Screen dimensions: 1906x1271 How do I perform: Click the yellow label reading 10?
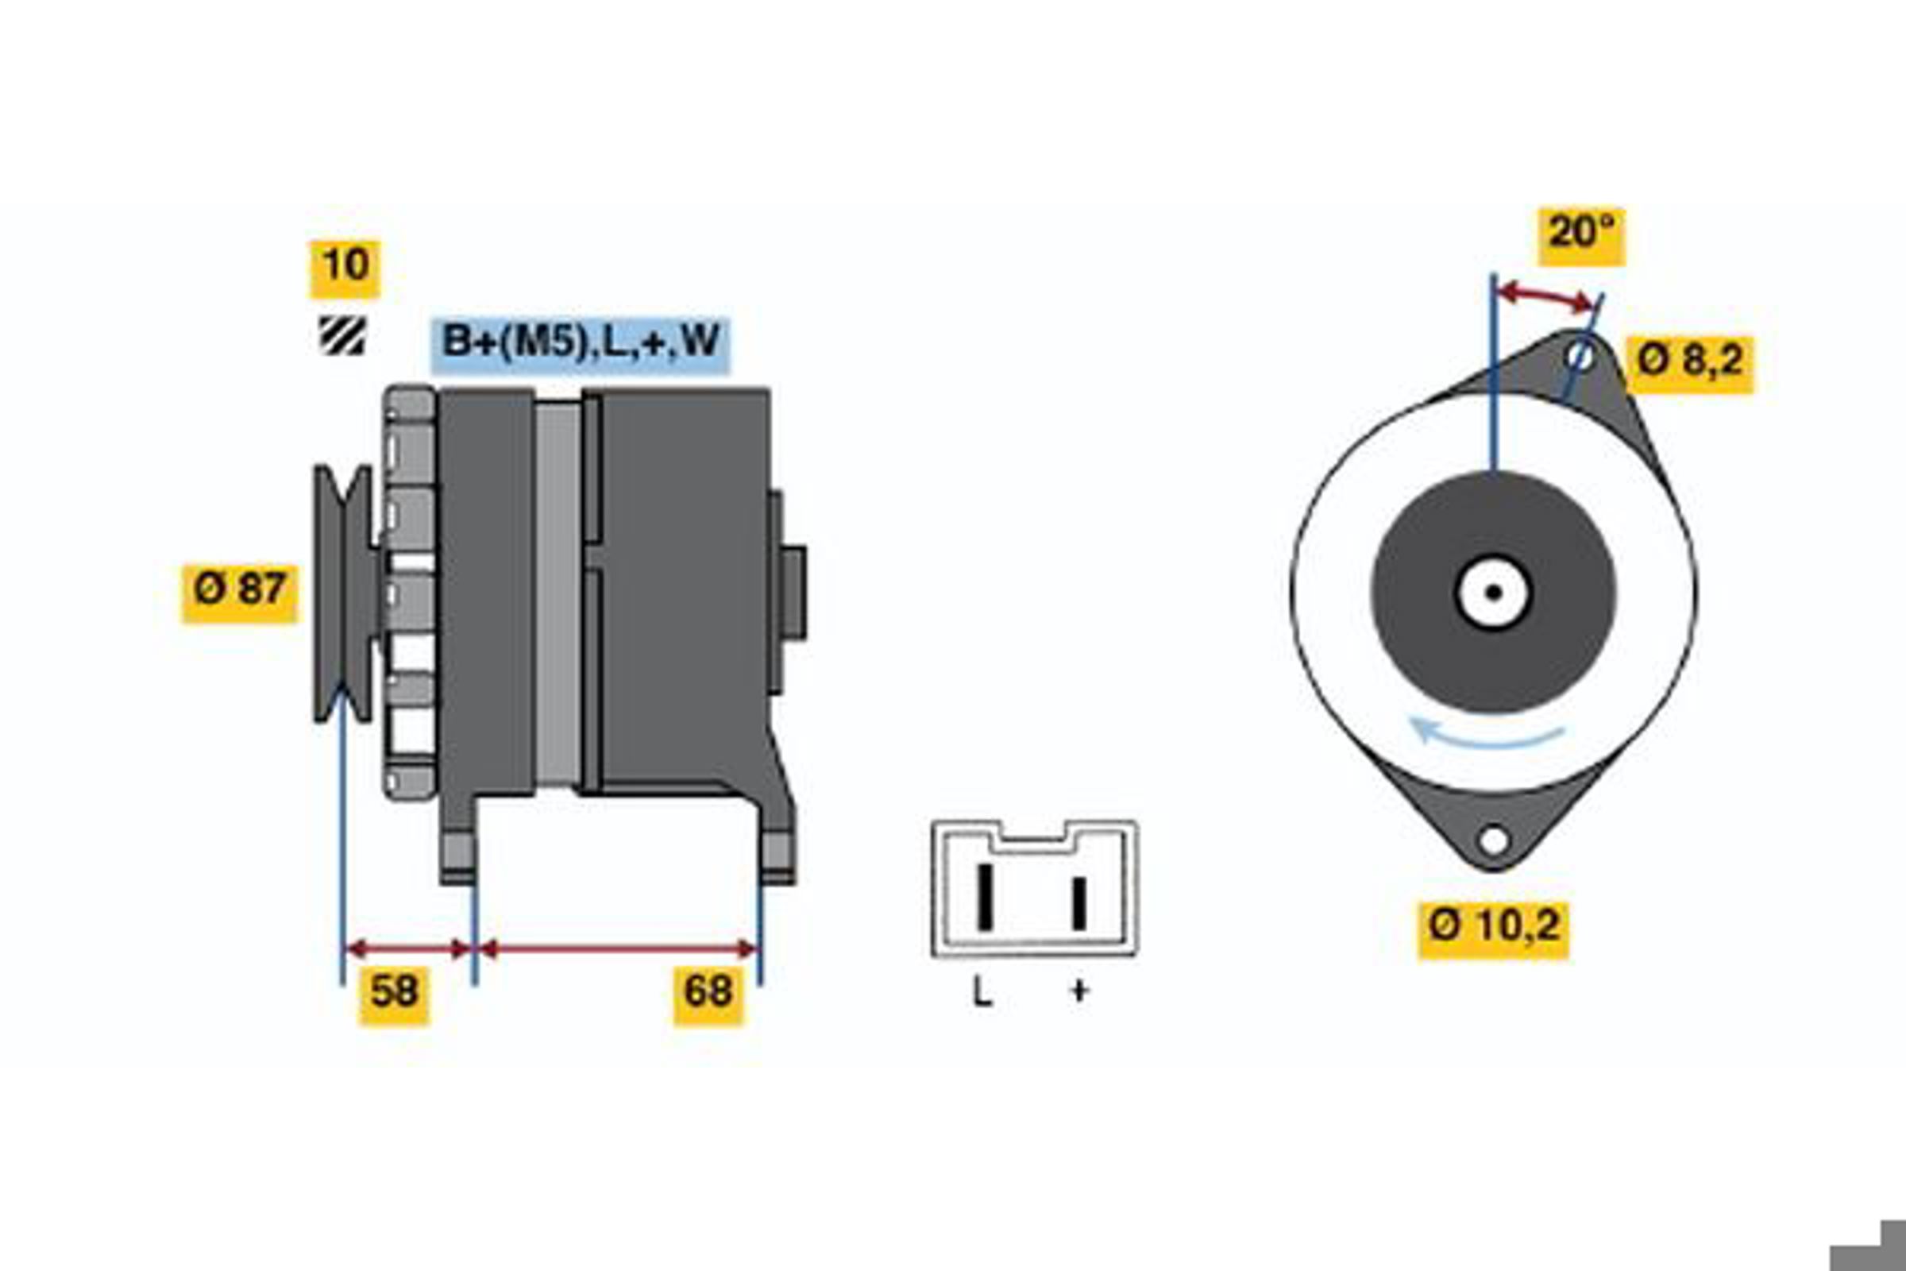pyautogui.click(x=345, y=269)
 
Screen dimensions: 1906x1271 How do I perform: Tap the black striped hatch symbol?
pyautogui.click(x=342, y=335)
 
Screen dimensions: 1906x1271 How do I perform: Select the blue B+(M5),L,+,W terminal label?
pyautogui.click(x=581, y=345)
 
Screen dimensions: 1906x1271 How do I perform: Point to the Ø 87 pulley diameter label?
pyautogui.click(x=240, y=593)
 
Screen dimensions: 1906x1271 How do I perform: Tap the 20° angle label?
pyautogui.click(x=1582, y=236)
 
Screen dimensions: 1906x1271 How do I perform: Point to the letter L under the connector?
pyautogui.click(x=982, y=991)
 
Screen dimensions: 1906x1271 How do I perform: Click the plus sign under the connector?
pyautogui.click(x=1079, y=991)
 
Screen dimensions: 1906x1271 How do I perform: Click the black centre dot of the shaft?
pyautogui.click(x=1494, y=593)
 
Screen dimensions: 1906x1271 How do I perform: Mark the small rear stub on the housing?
pyautogui.click(x=793, y=593)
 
